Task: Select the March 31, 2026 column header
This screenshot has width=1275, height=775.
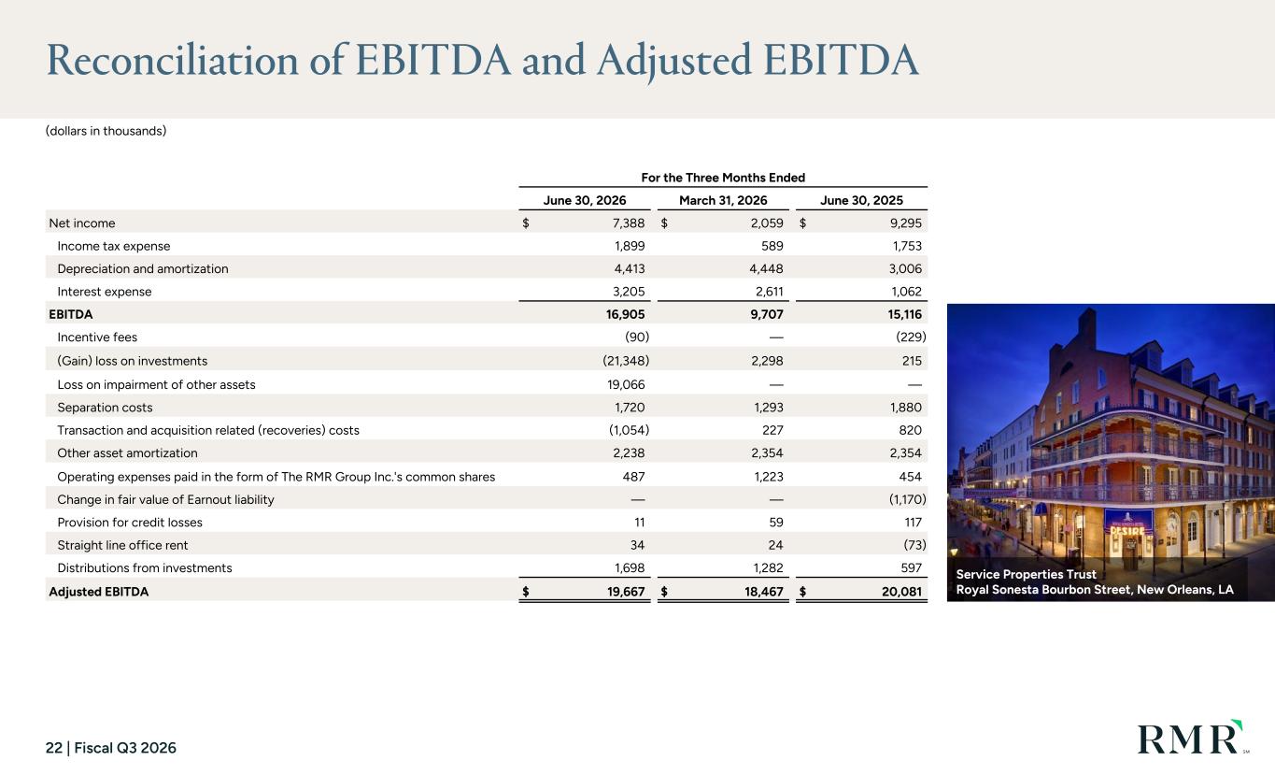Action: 723,201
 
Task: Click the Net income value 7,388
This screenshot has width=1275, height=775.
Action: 629,223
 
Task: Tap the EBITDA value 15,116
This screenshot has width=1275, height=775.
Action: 904,314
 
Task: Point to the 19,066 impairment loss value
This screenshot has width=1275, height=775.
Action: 626,384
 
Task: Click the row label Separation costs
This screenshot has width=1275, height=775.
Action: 105,408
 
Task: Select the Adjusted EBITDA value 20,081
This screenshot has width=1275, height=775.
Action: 901,592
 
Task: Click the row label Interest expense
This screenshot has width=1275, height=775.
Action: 105,292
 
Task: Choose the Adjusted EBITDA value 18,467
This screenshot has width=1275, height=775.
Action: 764,592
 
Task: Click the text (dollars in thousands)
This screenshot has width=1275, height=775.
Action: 106,131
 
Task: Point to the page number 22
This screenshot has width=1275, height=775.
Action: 54,748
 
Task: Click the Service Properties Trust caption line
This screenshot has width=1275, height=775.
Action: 1026,574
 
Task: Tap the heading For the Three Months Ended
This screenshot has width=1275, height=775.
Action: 723,178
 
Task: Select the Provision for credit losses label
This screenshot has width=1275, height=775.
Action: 130,523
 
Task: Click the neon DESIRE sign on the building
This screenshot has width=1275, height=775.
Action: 1127,531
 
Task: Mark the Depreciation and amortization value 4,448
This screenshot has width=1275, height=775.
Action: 766,269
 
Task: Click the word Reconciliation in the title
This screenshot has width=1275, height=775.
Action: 173,60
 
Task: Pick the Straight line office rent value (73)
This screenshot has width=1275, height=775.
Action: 914,545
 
